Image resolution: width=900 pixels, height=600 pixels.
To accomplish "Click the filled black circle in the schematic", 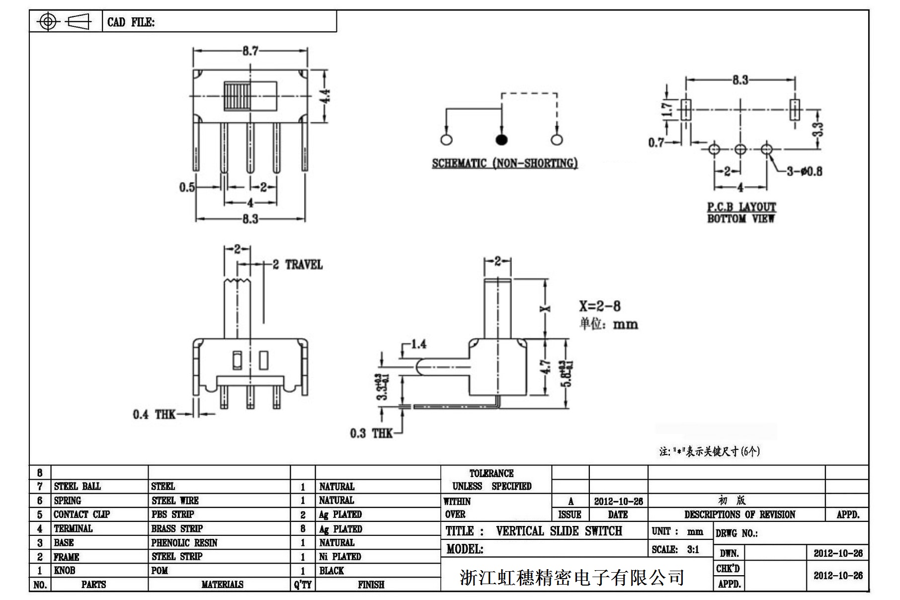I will pyautogui.click(x=502, y=140).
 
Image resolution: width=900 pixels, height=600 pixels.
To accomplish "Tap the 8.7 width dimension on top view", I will pyautogui.click(x=250, y=51).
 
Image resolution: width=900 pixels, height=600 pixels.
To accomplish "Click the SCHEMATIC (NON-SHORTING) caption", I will pyautogui.click(x=504, y=163).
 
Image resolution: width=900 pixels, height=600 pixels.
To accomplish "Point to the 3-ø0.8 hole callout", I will pyautogui.click(x=804, y=171).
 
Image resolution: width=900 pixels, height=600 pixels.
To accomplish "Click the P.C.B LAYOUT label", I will pyautogui.click(x=741, y=207).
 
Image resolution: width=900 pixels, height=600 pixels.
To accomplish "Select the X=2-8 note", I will pyautogui.click(x=599, y=306).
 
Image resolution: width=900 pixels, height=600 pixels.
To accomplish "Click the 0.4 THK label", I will pyautogui.click(x=154, y=414).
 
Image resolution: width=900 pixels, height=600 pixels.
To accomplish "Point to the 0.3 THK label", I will pyautogui.click(x=371, y=433).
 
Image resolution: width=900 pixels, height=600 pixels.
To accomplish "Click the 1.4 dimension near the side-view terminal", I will pyautogui.click(x=418, y=344).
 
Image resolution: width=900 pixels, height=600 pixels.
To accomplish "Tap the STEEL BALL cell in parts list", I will pyautogui.click(x=78, y=486).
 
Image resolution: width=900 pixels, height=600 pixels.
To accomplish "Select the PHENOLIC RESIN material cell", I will pyautogui.click(x=184, y=543).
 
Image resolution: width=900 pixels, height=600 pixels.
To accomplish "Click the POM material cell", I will pyautogui.click(x=160, y=571).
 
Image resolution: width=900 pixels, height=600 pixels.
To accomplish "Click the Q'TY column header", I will pyautogui.click(x=302, y=585).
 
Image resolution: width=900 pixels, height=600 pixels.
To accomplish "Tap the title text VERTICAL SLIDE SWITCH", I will pyautogui.click(x=559, y=531).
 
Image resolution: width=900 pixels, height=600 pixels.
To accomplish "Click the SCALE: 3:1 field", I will pyautogui.click(x=675, y=549).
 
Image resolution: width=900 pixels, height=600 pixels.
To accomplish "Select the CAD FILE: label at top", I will pyautogui.click(x=131, y=22).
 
